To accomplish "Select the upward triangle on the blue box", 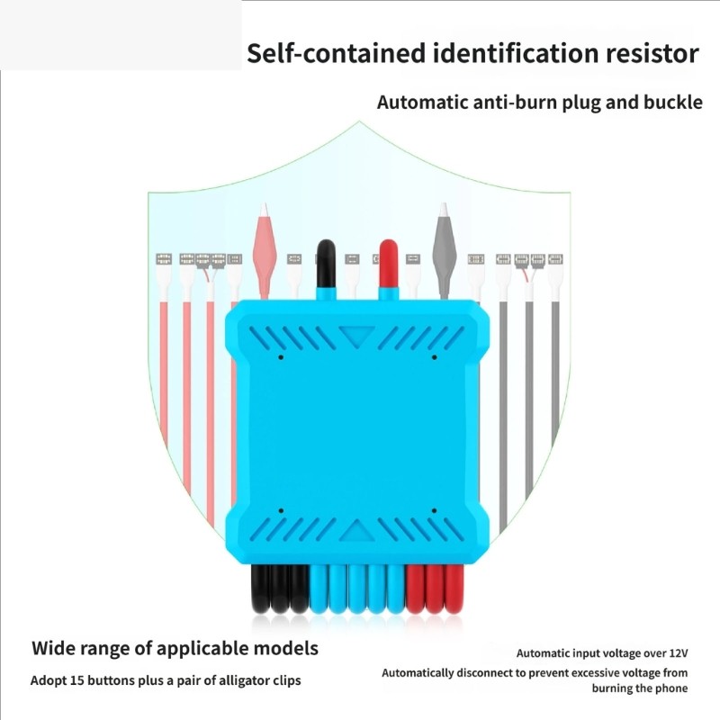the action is pos(356,531).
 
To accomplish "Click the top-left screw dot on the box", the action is pos(281,356).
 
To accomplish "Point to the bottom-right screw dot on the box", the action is pos(434,510).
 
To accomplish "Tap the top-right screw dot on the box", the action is pos(434,356).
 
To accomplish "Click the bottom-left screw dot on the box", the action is pos(281,510).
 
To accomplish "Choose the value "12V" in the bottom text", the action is pos(679,653).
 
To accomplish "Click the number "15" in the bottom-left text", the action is pos(76,680).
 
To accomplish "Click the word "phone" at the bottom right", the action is pos(671,688).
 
